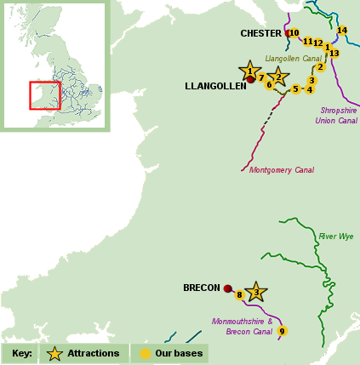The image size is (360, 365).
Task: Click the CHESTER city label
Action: pos(260,34)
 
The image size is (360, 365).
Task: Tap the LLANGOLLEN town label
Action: pos(215,87)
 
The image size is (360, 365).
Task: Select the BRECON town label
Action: pos(202,288)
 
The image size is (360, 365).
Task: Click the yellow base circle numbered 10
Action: pos(294,33)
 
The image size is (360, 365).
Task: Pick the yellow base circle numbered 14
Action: pos(342,31)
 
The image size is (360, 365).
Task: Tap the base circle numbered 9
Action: pos(282,331)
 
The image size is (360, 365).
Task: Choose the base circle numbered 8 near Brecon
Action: pos(240,295)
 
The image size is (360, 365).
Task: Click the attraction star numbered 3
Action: pos(256,292)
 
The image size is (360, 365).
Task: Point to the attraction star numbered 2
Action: pos(277,77)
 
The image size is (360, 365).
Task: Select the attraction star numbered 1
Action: pos(249,71)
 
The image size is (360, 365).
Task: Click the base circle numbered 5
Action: pos(295,89)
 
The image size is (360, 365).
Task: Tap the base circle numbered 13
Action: pos(334,54)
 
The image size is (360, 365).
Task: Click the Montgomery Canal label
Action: pos(281,170)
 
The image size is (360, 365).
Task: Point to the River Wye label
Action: pos(335,237)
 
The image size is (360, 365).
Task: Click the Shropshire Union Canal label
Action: pos(338,115)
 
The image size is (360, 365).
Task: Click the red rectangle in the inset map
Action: pos(44,95)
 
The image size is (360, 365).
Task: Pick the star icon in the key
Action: pos(55,353)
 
